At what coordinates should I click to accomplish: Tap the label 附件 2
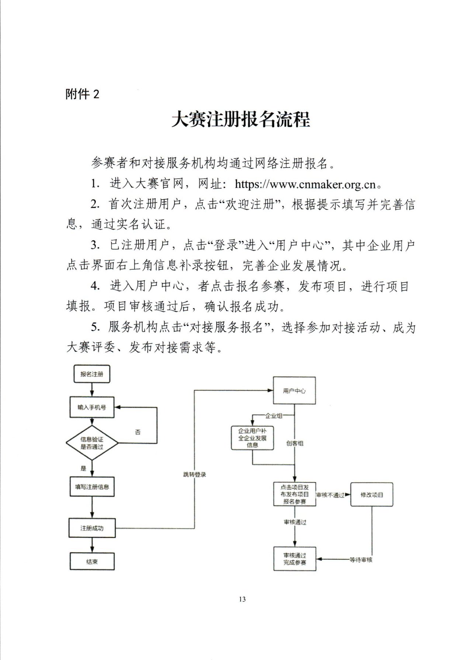(83, 94)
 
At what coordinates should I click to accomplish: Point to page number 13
(242, 599)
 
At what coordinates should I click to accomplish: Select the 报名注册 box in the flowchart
(92, 374)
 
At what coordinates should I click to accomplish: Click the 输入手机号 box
(92, 407)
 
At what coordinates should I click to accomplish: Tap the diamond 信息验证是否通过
(92, 443)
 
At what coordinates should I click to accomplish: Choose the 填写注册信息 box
(92, 487)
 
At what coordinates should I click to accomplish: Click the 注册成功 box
(92, 528)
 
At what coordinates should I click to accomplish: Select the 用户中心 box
(294, 391)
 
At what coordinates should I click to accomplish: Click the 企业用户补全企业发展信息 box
(253, 438)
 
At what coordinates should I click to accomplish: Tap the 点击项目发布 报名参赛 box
(295, 494)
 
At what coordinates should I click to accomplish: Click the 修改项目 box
(372, 494)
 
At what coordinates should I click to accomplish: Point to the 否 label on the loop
(138, 432)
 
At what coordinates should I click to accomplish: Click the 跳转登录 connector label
(195, 474)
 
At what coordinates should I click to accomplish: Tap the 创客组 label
(295, 443)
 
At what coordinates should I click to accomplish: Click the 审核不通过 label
(330, 495)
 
